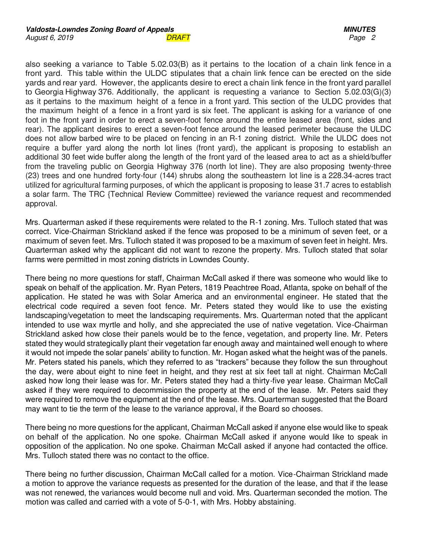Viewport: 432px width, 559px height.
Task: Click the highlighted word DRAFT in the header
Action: point(178,38)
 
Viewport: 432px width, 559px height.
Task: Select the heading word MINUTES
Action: point(359,29)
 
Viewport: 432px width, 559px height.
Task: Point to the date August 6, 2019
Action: point(49,38)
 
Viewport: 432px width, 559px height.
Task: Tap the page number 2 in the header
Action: point(373,38)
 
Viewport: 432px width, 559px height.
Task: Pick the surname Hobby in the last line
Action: point(245,502)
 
